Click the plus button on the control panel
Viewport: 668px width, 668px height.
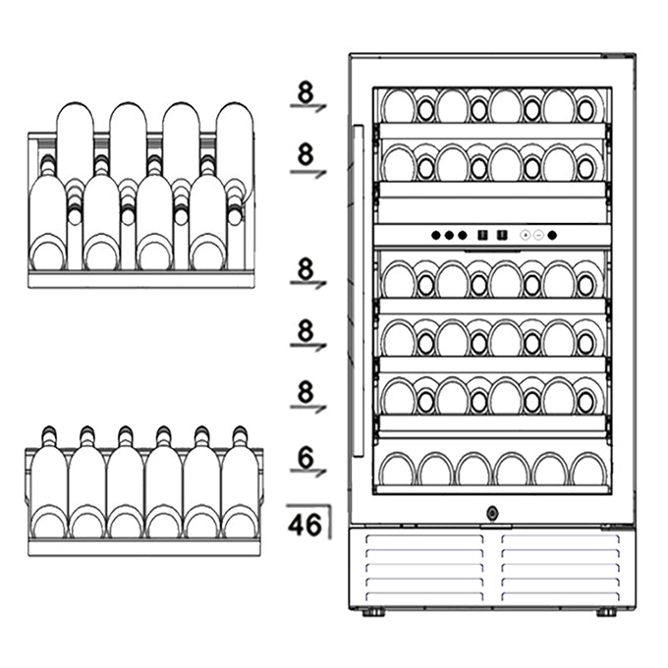coord(526,235)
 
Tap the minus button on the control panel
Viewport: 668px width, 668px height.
coord(538,235)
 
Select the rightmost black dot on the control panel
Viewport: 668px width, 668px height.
coord(552,235)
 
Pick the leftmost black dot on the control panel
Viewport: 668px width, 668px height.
coord(436,235)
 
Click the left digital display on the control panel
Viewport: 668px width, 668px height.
coord(482,235)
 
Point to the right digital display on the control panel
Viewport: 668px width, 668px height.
coord(502,235)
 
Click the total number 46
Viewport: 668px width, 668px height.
coord(305,525)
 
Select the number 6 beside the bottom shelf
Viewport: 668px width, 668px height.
coord(306,457)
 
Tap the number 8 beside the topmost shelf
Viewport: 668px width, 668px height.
coord(306,92)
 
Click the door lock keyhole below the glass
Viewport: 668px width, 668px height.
coord(492,513)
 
